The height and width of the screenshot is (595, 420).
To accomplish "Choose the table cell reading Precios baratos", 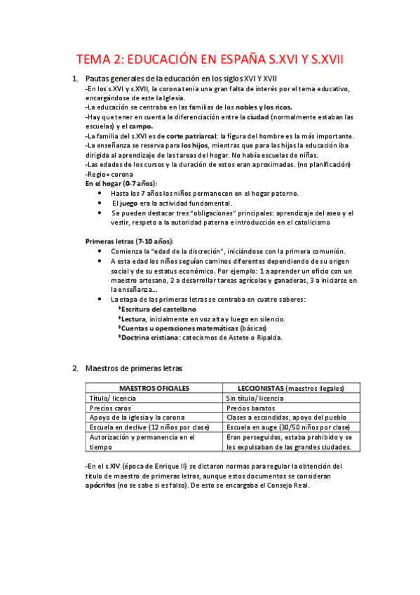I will [x=251, y=407].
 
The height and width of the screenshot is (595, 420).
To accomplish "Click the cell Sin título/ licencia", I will [x=255, y=397].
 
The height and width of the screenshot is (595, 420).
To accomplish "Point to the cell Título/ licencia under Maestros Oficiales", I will [x=113, y=397].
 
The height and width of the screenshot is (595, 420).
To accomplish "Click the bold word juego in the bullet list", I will [x=129, y=203].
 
